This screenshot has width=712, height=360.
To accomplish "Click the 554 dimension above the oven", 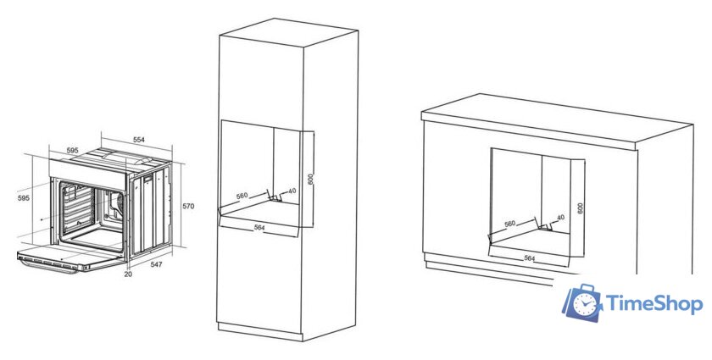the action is [x=138, y=140].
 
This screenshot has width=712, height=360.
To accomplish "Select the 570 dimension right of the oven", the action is [x=188, y=206].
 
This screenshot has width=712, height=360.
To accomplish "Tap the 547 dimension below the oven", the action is [x=156, y=264].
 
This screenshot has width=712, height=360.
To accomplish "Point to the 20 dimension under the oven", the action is [x=128, y=274].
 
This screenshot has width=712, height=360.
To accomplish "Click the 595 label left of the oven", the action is [x=24, y=198].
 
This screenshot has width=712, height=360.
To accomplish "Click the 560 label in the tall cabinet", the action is [x=242, y=196].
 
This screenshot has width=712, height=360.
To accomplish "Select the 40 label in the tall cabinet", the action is [x=292, y=191].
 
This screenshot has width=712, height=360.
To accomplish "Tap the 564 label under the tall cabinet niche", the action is [x=259, y=228].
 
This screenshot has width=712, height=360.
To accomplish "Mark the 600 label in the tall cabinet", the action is [x=310, y=180].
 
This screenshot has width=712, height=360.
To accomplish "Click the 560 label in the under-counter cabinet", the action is [x=510, y=224].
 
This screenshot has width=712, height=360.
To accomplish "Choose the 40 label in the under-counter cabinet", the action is [x=560, y=218].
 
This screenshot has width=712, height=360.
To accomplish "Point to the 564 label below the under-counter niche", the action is [x=530, y=258].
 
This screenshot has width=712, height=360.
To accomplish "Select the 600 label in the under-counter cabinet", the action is [x=580, y=208].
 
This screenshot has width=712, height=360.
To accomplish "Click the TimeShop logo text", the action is [x=654, y=304].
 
